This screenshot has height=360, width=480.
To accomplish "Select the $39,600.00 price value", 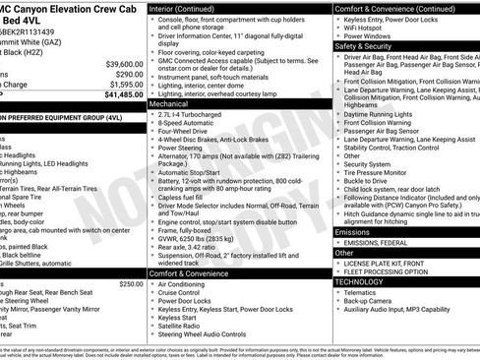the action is tap(122, 61).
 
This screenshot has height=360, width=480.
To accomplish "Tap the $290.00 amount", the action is tap(128, 72).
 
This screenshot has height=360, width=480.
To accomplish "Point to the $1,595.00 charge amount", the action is tap(124, 83).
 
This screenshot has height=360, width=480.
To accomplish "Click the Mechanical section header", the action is tap(169, 102).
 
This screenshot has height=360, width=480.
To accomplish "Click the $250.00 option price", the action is tap(130, 283).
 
